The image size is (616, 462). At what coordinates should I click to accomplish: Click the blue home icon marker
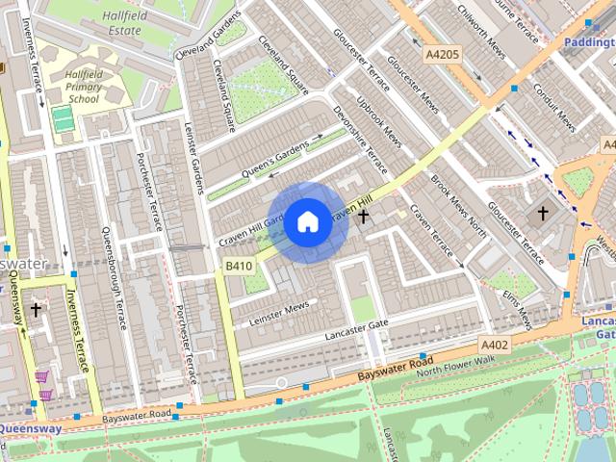[x=307, y=222]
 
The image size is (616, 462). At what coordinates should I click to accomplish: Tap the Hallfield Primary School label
[x=83, y=87]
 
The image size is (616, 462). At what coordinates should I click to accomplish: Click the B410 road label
[x=239, y=266]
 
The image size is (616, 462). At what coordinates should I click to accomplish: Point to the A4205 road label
[x=443, y=55]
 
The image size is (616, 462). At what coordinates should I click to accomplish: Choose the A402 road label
[x=495, y=345]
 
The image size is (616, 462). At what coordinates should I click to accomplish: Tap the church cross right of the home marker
[x=364, y=218]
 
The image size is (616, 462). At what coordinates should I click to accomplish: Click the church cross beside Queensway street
[x=36, y=310]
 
